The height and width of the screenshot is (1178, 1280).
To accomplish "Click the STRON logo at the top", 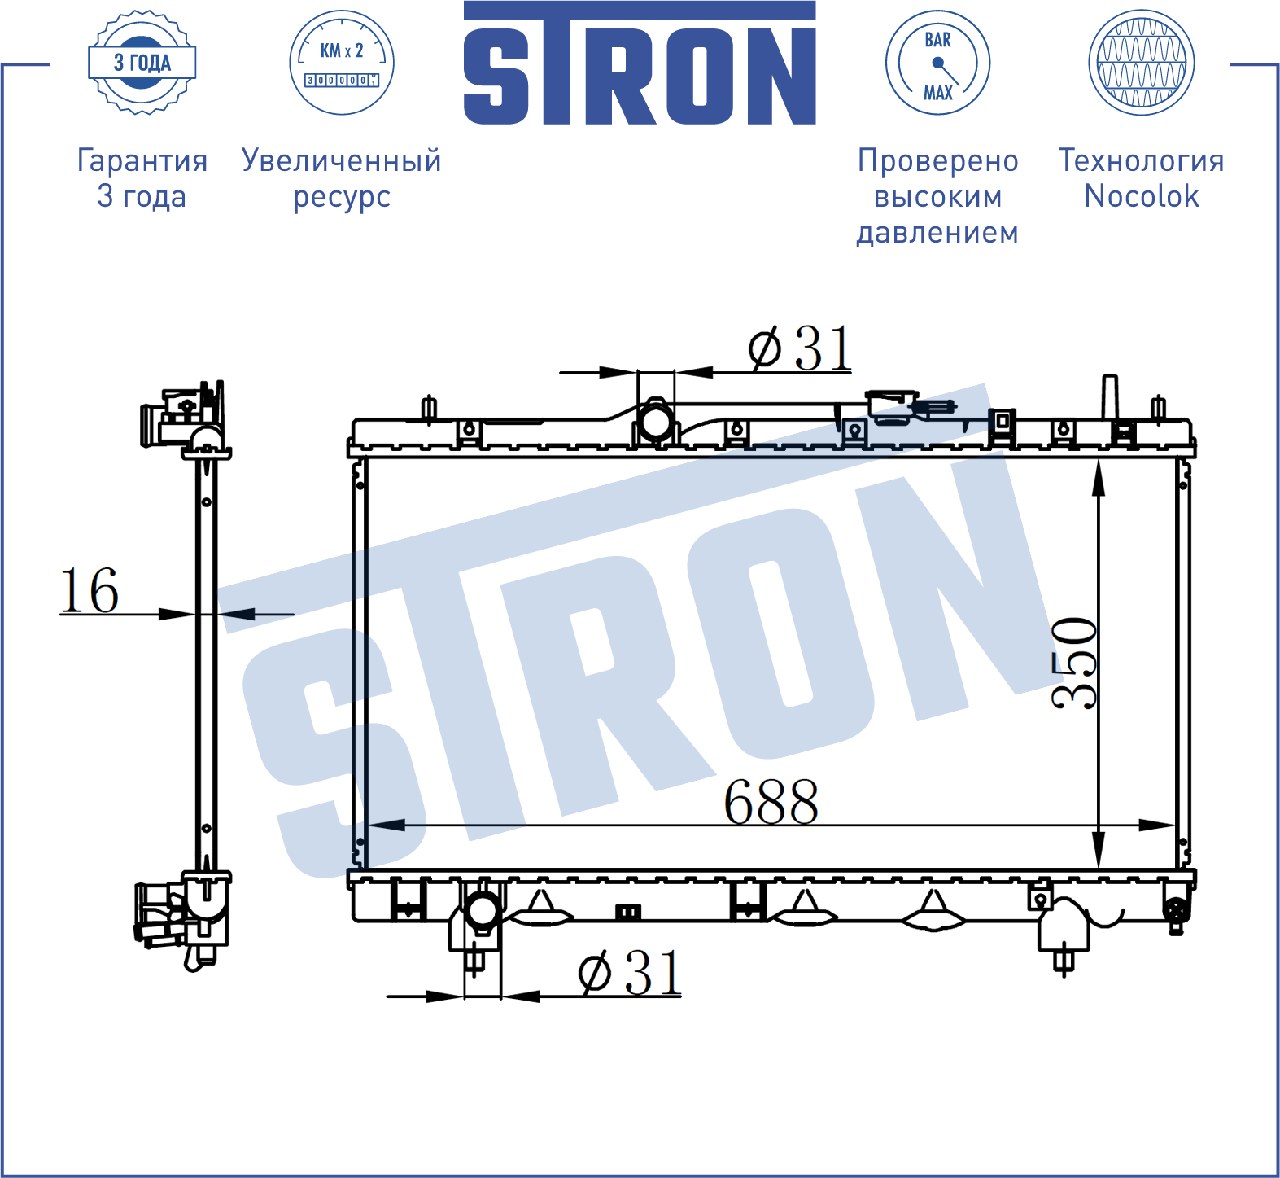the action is [x=640, y=63].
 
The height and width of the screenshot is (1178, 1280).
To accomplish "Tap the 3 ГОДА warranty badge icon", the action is [x=142, y=63].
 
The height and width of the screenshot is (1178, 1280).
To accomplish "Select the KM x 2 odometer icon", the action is [x=342, y=63].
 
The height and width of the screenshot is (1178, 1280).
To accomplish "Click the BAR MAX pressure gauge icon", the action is [x=937, y=63].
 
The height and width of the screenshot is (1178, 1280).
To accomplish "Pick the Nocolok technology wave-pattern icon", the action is [x=1142, y=63].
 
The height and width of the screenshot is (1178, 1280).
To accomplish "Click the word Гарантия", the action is [x=142, y=160].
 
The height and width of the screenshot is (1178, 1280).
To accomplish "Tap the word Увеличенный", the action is [x=342, y=160].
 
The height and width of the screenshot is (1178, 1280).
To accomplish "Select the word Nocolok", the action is [x=1142, y=196].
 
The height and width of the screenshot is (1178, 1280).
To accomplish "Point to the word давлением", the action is [x=937, y=233].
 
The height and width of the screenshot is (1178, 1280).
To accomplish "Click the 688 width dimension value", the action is [x=771, y=802].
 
